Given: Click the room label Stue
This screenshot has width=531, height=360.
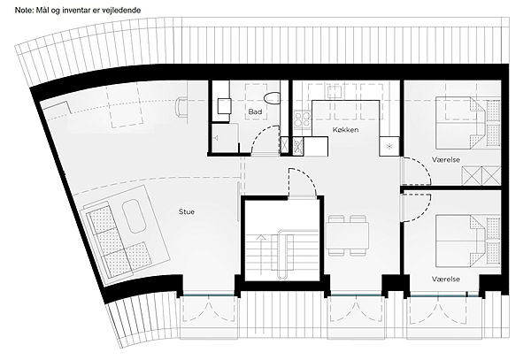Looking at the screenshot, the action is [187, 211].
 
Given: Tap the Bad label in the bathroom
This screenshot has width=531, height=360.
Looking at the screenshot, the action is [255, 111].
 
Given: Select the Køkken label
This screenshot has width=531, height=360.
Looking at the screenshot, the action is [345, 130].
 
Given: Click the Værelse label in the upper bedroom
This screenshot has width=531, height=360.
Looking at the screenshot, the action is [446, 159].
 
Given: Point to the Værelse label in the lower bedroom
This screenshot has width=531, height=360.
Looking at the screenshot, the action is [446, 280].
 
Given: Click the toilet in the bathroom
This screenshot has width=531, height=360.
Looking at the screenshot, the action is [272, 98].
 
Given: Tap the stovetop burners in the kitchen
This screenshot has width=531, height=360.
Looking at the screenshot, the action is [302, 119].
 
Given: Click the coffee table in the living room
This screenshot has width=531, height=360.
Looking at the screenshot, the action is [134, 217].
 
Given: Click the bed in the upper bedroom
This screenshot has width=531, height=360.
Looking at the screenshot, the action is [459, 123].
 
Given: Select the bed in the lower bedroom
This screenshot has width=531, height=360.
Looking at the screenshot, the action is [459, 241].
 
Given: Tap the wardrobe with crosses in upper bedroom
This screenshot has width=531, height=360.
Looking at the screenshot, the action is [481, 176].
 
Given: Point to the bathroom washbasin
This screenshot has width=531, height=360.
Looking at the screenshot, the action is [224, 106].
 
